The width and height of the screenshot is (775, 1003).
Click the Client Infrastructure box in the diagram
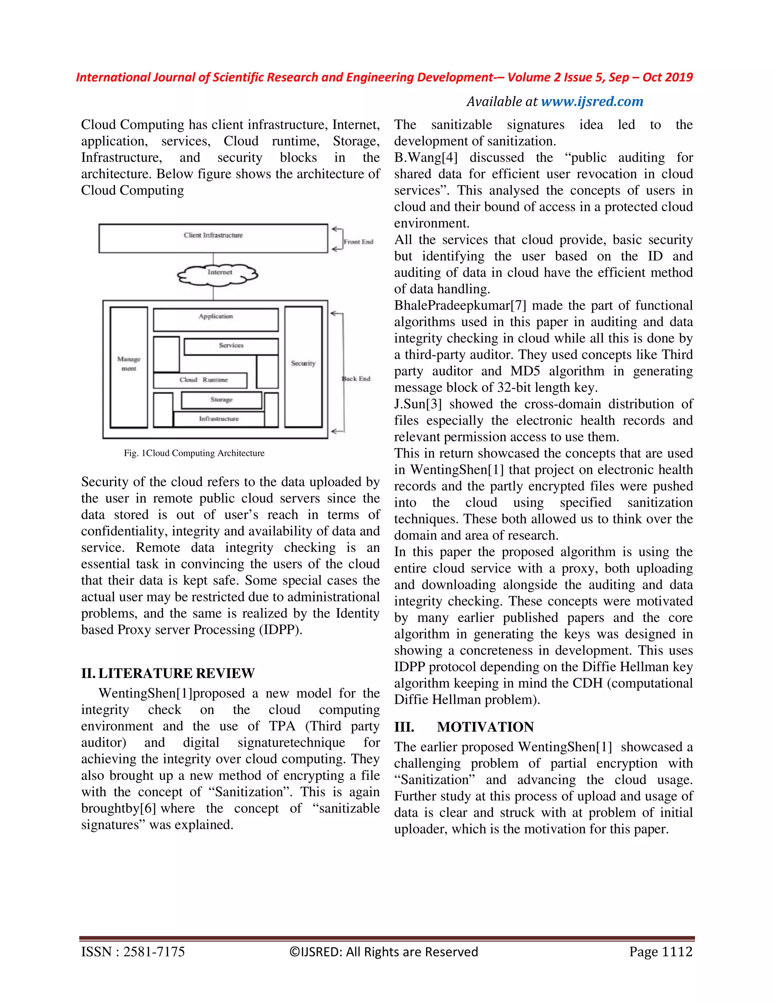point(213,238)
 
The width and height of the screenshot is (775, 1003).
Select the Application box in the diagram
point(215,320)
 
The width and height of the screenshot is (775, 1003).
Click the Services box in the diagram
point(231,347)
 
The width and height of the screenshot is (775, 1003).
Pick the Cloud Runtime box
point(200,380)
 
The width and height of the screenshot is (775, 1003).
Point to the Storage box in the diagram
point(221,400)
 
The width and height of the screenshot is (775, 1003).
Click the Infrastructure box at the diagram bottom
point(219,419)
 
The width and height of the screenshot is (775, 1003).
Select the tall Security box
point(303,366)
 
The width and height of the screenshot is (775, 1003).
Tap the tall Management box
point(129,366)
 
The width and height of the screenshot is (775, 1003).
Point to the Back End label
point(356,378)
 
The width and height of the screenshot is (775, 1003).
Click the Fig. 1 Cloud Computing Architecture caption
point(194,453)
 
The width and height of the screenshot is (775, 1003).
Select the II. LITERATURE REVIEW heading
point(168,673)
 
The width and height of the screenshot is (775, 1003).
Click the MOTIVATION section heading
point(485,727)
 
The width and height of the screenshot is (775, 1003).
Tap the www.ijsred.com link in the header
point(592,101)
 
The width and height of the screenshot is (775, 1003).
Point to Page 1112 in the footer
point(660,952)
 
